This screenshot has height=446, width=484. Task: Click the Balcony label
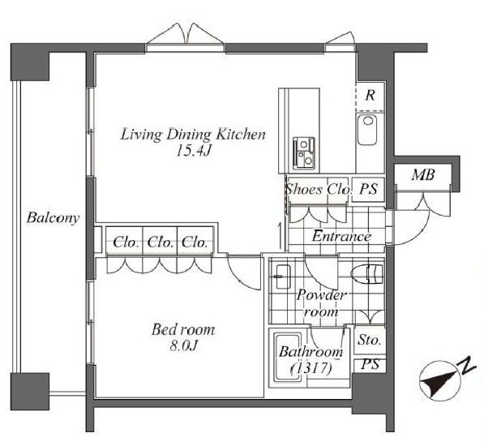(x=53, y=217)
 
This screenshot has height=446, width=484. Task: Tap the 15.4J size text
(x=193, y=151)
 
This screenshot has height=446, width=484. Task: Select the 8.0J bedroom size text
(x=183, y=345)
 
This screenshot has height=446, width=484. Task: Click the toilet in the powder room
(x=367, y=274)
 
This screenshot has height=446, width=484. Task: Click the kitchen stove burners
(x=304, y=153)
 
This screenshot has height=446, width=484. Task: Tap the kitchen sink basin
(x=367, y=130)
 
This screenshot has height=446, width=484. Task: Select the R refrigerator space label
(x=370, y=96)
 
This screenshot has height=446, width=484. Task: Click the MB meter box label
(x=423, y=174)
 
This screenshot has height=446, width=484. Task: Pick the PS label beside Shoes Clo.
(x=368, y=189)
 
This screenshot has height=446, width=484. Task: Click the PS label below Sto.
(x=370, y=365)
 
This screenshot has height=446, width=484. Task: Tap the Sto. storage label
(x=369, y=340)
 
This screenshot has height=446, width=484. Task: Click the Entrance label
(x=341, y=237)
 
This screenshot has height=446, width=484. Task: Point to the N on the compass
(x=467, y=365)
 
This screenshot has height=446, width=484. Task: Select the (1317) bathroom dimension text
(x=311, y=368)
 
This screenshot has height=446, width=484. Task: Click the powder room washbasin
(x=282, y=277)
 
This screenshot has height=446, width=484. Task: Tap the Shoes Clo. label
(x=319, y=189)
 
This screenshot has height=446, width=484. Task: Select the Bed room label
(x=182, y=330)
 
